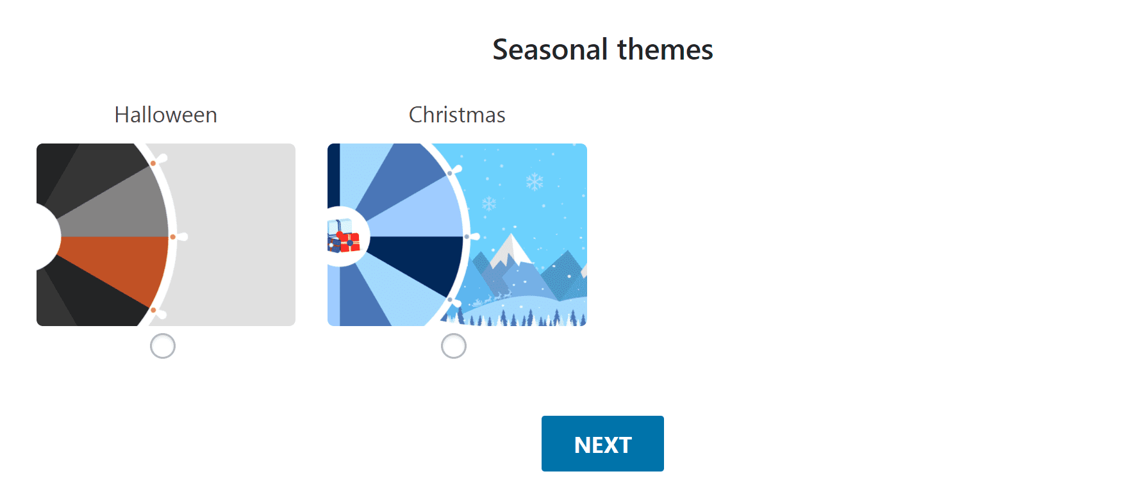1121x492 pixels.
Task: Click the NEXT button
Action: click(602, 443)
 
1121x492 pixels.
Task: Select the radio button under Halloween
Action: click(163, 346)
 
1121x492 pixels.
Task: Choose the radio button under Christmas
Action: click(454, 346)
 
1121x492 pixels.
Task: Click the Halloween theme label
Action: click(166, 115)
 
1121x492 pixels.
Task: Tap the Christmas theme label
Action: click(457, 115)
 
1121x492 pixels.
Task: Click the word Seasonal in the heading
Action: click(550, 49)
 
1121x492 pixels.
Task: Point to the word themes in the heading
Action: click(665, 49)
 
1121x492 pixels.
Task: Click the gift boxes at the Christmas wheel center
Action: click(344, 236)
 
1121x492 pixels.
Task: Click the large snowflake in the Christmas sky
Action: click(535, 181)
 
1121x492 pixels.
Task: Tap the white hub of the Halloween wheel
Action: click(47, 237)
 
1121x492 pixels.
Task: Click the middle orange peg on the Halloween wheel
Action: click(173, 237)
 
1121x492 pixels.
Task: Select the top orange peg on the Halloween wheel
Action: click(153, 163)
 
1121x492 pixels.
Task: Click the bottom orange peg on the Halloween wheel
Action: click(153, 310)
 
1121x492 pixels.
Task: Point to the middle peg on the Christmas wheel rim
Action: click(467, 236)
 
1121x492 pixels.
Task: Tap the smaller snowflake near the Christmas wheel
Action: click(489, 204)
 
